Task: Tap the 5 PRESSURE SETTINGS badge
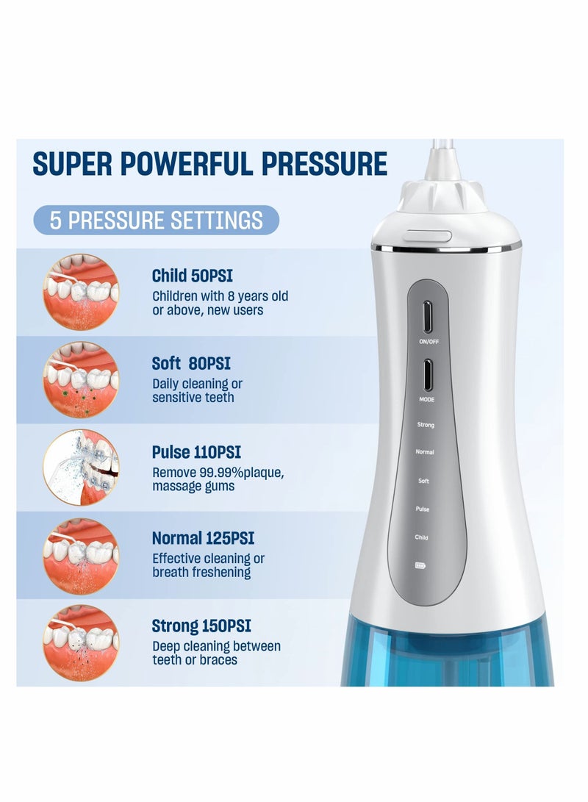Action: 157,220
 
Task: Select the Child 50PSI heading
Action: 192,276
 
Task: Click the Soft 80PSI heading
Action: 190,363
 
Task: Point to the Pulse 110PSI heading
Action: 196,451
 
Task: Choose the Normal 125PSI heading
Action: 203,538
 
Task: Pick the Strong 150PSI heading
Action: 201,626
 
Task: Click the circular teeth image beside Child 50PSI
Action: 80,291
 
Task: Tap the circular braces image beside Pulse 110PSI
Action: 80,467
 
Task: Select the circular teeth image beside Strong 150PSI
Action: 80,642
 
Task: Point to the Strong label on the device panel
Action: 426,425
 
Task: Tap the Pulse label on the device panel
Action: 423,509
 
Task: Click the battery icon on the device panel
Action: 420,565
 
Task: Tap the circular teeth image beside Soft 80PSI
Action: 80,379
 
